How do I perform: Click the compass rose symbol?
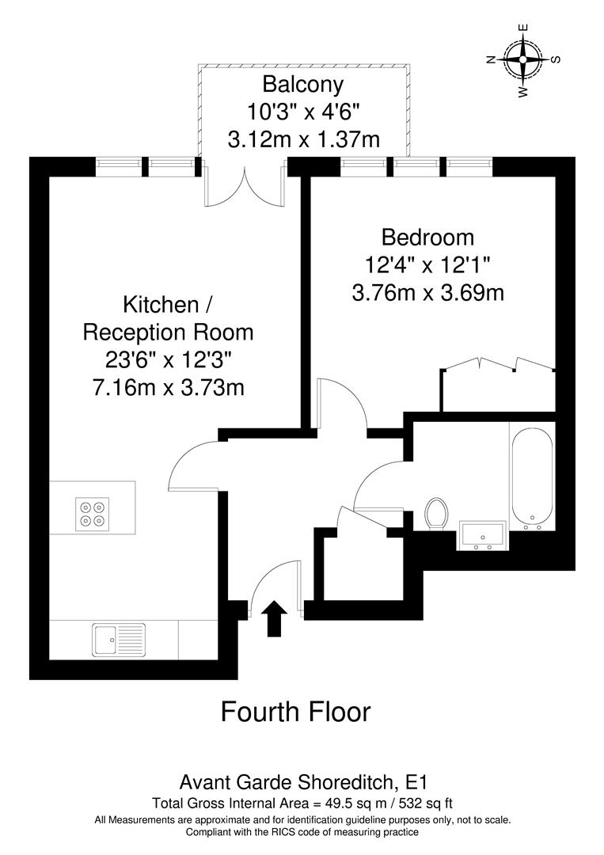point(523,59)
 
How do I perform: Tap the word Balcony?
point(303,83)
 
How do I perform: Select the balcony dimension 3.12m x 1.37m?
point(303,140)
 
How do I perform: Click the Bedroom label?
point(427,237)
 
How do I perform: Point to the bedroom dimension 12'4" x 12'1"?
point(428,265)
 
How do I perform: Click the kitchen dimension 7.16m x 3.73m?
point(168,388)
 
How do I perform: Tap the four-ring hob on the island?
point(92,513)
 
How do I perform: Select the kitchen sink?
point(119,638)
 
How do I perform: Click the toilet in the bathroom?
point(436,514)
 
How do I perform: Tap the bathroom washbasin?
point(482,534)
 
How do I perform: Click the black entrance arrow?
point(274,618)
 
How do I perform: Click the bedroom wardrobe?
point(498,389)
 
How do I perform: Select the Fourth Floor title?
point(295,711)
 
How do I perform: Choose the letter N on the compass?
point(491,59)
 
